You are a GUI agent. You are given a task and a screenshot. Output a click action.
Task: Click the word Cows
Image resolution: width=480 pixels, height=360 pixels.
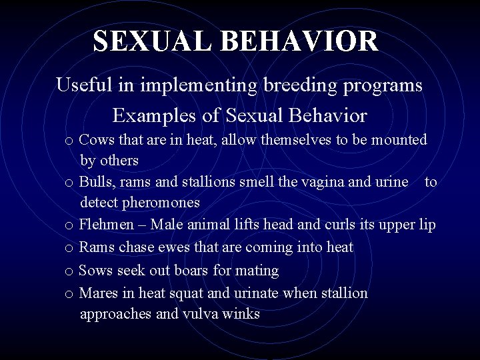click(96, 140)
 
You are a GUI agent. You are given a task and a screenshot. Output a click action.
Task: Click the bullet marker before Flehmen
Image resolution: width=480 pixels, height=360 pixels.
click(69, 226)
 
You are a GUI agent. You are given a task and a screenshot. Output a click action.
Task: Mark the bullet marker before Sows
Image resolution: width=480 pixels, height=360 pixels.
click(69, 271)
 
